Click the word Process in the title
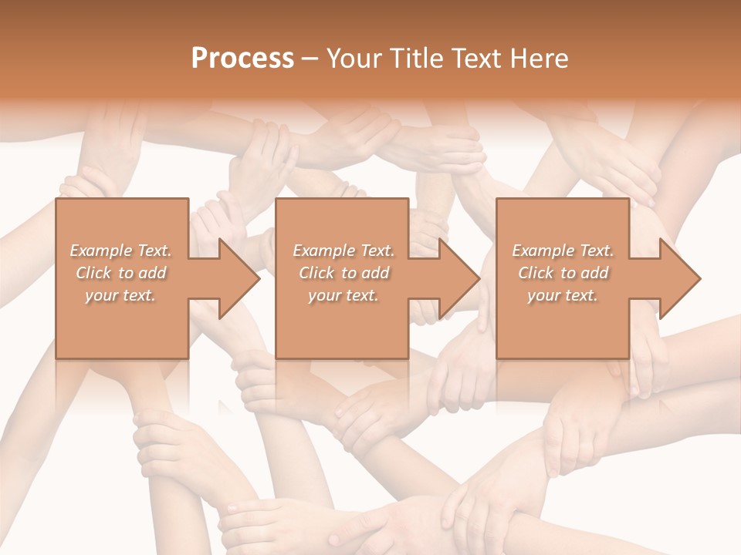[x=242, y=59]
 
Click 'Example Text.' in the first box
[x=121, y=251]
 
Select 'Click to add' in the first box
[x=121, y=273]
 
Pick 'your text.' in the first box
[x=121, y=295]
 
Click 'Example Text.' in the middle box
[x=343, y=251]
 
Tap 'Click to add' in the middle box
[x=343, y=273]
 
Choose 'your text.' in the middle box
[x=343, y=295]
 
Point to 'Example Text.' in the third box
[x=563, y=251]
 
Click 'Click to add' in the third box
[x=563, y=273]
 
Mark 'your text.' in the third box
[x=563, y=295]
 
